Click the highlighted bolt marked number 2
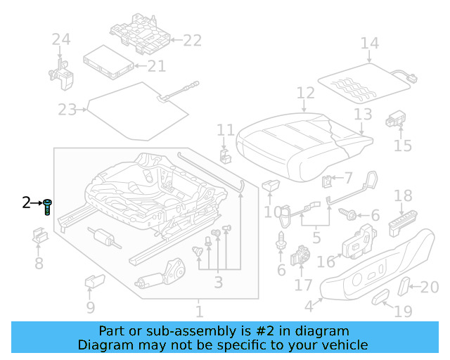click(x=47, y=207)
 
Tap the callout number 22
click(x=192, y=41)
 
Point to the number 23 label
click(x=67, y=110)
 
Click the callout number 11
click(x=225, y=130)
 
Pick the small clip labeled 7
click(x=328, y=182)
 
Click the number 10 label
click(x=272, y=212)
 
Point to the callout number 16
click(x=326, y=262)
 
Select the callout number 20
click(x=429, y=286)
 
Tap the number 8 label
click(x=39, y=264)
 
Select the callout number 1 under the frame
click(x=199, y=310)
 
